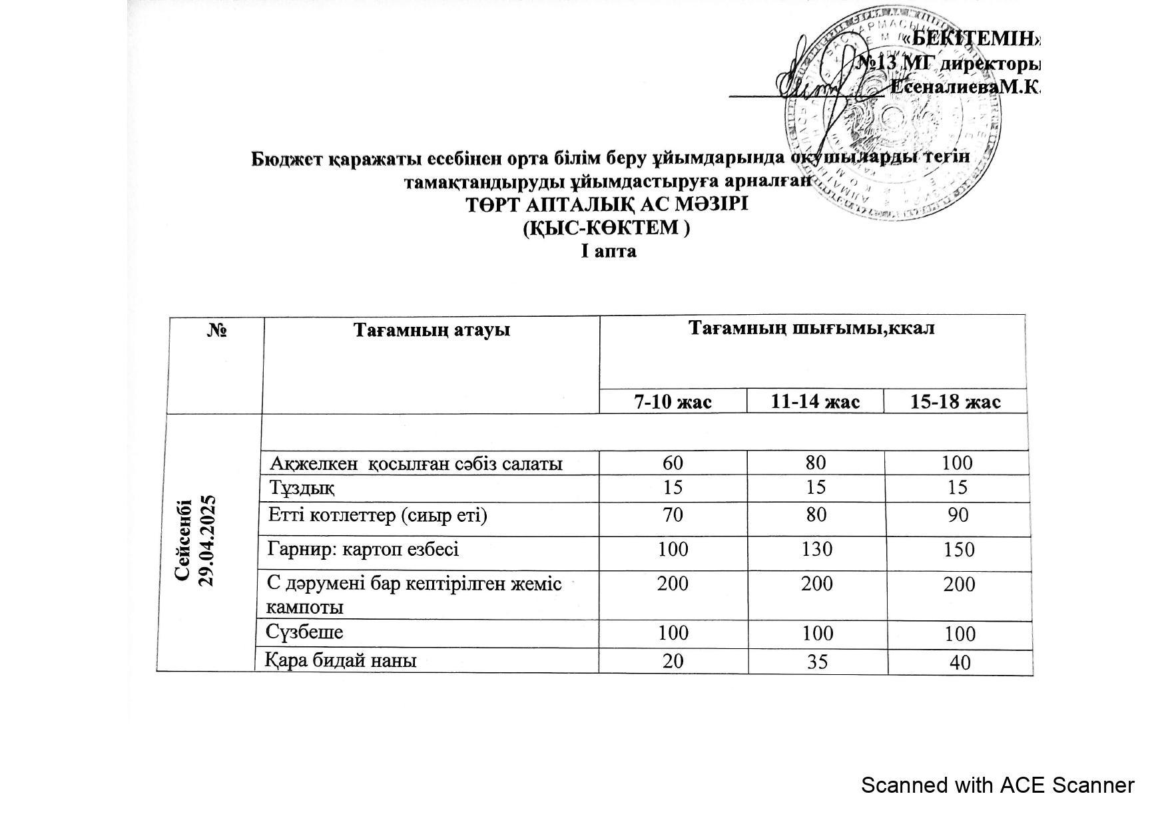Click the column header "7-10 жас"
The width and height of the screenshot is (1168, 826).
point(673,402)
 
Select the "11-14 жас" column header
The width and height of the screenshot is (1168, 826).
point(815,402)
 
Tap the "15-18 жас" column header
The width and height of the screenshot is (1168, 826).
point(956,402)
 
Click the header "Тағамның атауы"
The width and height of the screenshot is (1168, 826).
point(432,329)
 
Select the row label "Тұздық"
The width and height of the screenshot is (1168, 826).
point(302,488)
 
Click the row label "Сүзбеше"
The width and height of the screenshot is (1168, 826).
point(305,631)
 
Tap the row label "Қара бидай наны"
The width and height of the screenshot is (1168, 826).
point(342,660)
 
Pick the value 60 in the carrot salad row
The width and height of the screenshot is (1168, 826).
point(673,463)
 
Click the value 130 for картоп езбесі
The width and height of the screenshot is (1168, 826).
point(816,549)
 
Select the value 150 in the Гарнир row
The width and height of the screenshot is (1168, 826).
point(958,550)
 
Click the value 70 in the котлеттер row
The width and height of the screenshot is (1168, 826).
point(673,515)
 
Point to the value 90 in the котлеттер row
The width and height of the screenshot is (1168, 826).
point(958,515)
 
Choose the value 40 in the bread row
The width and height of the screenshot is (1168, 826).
point(960,662)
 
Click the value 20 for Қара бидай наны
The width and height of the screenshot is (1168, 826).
point(673,660)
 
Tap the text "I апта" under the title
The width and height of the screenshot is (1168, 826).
point(608,252)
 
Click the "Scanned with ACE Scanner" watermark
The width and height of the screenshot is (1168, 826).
point(997,785)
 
